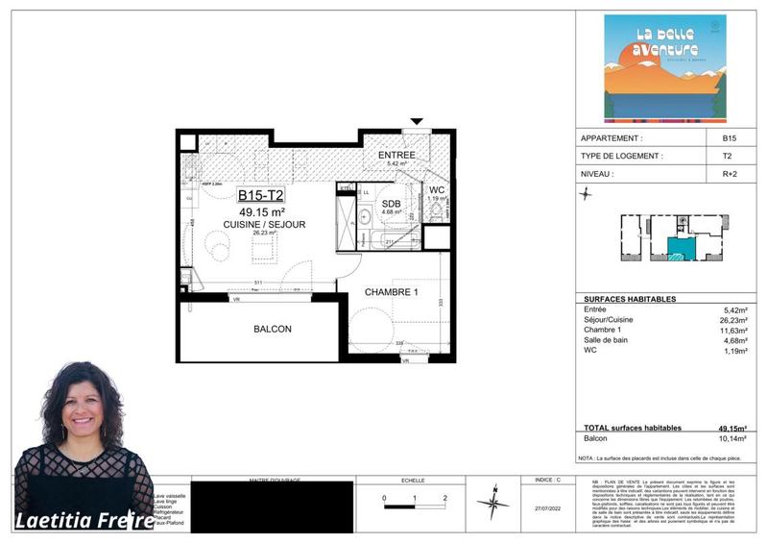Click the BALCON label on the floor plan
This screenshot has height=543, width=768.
[x=272, y=329]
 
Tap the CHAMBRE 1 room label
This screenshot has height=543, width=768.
[x=392, y=292]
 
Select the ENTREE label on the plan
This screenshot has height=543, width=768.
[x=396, y=155]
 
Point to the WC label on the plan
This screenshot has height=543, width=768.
[x=437, y=190]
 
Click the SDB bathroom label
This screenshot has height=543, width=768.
[x=391, y=204]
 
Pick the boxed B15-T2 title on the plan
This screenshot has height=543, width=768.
[x=261, y=196]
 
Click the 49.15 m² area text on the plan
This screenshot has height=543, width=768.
[x=261, y=211]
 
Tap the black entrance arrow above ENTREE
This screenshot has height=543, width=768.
[x=416, y=121]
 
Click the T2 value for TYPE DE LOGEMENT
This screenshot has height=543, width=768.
[x=728, y=156]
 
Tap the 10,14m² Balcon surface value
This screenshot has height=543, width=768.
[x=733, y=438]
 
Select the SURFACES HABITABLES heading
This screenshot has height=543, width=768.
[x=630, y=299]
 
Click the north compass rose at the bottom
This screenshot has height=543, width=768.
[x=492, y=503]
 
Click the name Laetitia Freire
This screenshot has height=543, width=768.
[x=84, y=521]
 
